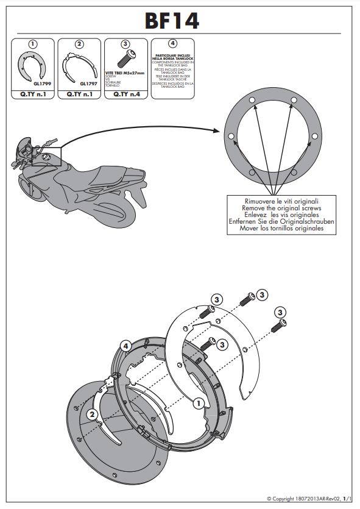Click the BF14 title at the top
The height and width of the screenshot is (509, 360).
(171, 21)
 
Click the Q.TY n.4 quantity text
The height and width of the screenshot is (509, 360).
(125, 94)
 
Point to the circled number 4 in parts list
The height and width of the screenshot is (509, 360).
(172, 44)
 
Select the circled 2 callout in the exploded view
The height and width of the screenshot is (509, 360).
(92, 415)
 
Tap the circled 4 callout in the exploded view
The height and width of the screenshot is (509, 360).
(124, 346)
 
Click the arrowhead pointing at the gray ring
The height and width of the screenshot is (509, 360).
(217, 130)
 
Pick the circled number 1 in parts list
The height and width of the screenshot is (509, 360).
(34, 44)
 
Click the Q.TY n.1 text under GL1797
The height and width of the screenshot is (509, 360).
(79, 94)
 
